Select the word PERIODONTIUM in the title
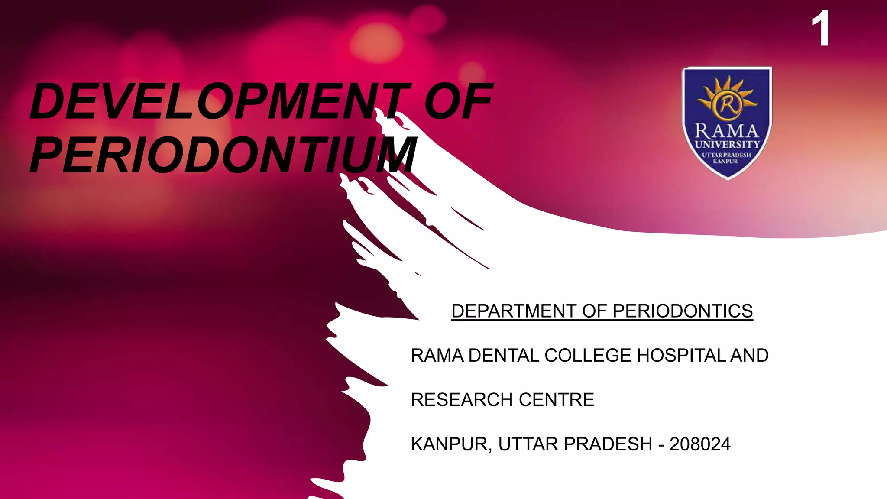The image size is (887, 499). click(x=223, y=155)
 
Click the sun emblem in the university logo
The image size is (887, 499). click(x=727, y=100)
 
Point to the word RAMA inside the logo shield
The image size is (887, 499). click(x=727, y=130)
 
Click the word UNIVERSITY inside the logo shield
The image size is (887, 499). click(x=727, y=144)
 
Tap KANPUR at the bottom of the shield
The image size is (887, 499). click(x=725, y=161)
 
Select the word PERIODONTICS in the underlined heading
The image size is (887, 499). click(x=683, y=311)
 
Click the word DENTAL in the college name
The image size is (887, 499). click(x=504, y=356)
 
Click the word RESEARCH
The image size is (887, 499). click(x=462, y=400)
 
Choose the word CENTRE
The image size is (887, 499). click(x=557, y=400)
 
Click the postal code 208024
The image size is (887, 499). click(x=700, y=444)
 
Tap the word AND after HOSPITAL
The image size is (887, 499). click(x=750, y=356)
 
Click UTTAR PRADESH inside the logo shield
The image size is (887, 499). click(x=726, y=155)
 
